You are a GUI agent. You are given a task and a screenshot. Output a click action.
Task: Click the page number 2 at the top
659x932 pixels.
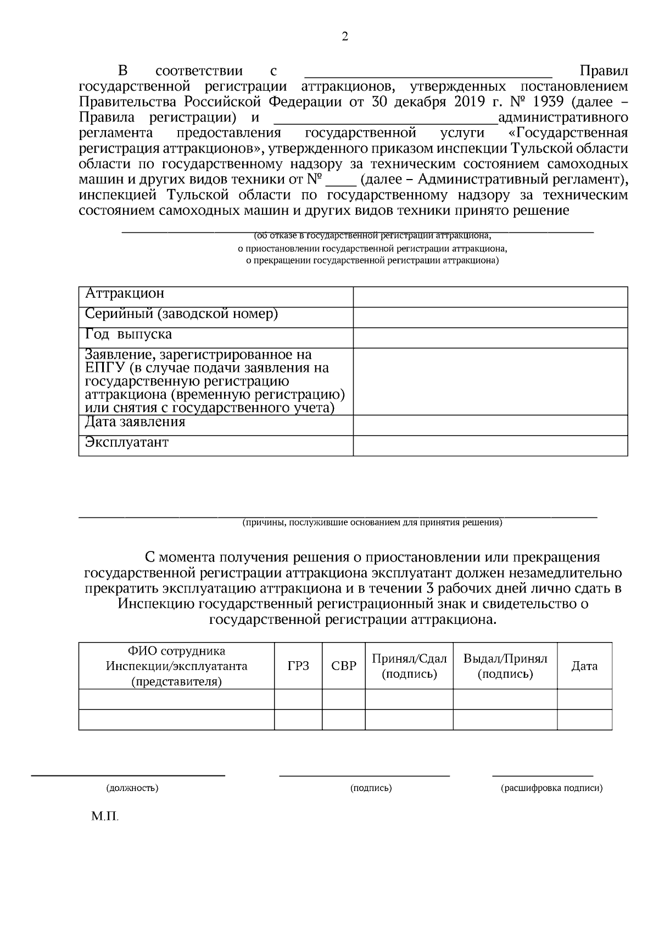345,37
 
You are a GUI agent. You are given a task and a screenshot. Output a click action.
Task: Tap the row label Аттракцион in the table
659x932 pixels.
125,294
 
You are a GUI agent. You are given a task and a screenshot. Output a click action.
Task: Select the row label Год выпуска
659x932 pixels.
129,334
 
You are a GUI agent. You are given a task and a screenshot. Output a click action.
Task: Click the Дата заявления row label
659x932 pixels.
135,422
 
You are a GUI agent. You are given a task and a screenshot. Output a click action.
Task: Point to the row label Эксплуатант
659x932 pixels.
127,443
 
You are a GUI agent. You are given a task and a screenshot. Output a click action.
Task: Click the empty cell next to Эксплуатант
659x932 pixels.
490,445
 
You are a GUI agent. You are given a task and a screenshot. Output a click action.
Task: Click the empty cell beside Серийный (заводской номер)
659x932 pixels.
490,317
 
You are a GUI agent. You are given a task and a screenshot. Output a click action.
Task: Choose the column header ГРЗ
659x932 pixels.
298,666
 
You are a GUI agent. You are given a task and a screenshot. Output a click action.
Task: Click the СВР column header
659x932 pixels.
344,666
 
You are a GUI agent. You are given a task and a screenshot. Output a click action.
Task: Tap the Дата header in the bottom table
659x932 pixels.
584,666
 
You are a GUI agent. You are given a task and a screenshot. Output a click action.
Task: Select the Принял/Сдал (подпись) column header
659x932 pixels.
409,666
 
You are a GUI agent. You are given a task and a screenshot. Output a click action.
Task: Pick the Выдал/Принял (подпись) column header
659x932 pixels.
505,666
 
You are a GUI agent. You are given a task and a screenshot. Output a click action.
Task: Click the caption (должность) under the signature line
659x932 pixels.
132,788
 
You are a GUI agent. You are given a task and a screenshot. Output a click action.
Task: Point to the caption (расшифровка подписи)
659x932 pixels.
551,788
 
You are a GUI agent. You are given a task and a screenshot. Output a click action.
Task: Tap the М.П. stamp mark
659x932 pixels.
105,817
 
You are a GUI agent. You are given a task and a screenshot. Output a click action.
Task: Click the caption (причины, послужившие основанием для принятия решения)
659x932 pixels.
372,523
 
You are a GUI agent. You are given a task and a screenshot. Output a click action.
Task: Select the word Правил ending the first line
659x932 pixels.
604,71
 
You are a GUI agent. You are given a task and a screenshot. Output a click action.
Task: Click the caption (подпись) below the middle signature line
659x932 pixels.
371,788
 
